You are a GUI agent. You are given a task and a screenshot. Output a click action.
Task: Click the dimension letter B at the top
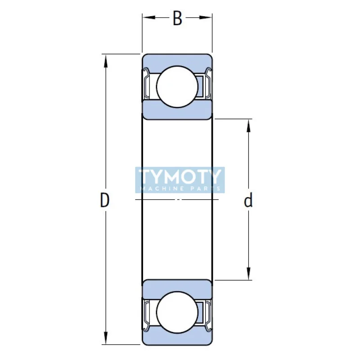(177, 19)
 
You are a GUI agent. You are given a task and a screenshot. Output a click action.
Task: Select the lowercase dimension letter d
(248, 201)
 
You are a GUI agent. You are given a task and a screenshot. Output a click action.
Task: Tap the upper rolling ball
(177, 86)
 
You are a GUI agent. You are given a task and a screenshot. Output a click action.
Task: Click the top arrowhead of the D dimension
(106, 60)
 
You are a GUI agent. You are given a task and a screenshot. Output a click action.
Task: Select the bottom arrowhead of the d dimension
(248, 274)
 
